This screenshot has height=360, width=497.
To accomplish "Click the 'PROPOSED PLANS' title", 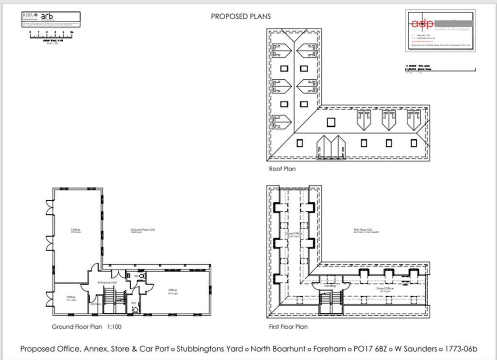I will (241, 16).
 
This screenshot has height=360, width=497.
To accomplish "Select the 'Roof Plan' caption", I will (282, 169).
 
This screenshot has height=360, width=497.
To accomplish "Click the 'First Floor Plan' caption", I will (288, 327).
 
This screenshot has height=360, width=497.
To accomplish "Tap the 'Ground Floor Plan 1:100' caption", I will (86, 327).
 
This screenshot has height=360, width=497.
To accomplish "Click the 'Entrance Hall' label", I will (107, 282).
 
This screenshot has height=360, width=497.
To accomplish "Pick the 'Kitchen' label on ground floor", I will (96, 305).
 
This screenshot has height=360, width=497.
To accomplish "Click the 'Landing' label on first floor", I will (330, 286).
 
